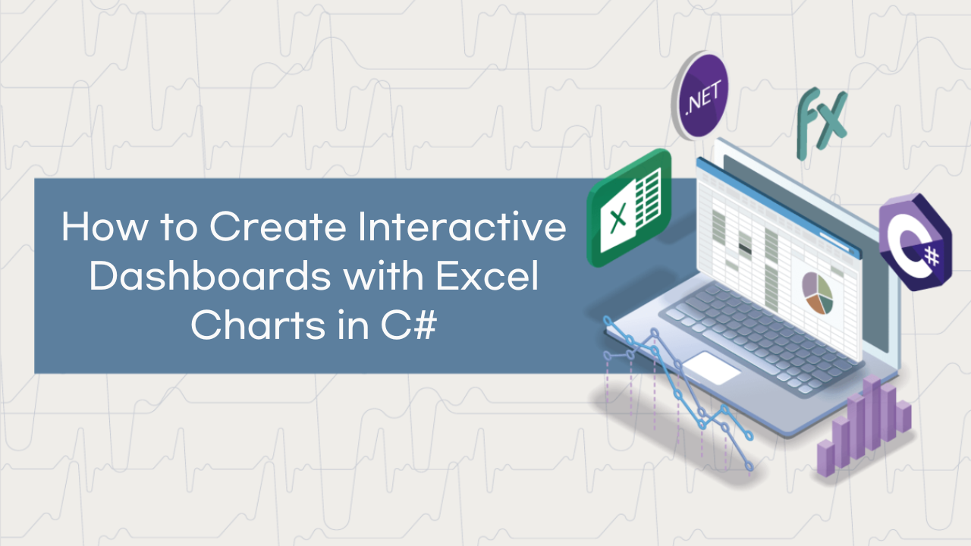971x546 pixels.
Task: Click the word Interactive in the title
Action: pyautogui.click(x=462, y=226)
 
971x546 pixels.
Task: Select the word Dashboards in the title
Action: pyautogui.click(x=210, y=275)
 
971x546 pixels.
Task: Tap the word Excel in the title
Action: pyautogui.click(x=487, y=275)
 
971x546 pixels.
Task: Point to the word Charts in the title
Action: pyautogui.click(x=258, y=325)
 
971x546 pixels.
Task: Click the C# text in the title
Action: pyautogui.click(x=408, y=325)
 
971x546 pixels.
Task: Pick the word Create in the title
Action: pyautogui.click(x=278, y=226)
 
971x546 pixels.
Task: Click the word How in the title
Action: pyautogui.click(x=105, y=226)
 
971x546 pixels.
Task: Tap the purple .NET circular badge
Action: pyautogui.click(x=700, y=96)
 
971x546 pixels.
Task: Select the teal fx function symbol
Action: pyautogui.click(x=822, y=123)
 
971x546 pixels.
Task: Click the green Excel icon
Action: pyautogui.click(x=629, y=208)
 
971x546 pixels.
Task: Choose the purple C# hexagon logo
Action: pyautogui.click(x=916, y=243)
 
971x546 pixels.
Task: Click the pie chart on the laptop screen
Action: pyautogui.click(x=818, y=293)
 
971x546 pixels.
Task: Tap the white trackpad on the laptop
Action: pyautogui.click(x=712, y=369)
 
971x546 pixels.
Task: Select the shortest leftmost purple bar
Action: pyautogui.click(x=826, y=459)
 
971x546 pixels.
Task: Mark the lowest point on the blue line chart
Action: pyautogui.click(x=749, y=466)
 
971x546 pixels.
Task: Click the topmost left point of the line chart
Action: pyautogui.click(x=608, y=321)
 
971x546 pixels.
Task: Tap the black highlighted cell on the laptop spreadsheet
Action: pyautogui.click(x=745, y=249)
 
